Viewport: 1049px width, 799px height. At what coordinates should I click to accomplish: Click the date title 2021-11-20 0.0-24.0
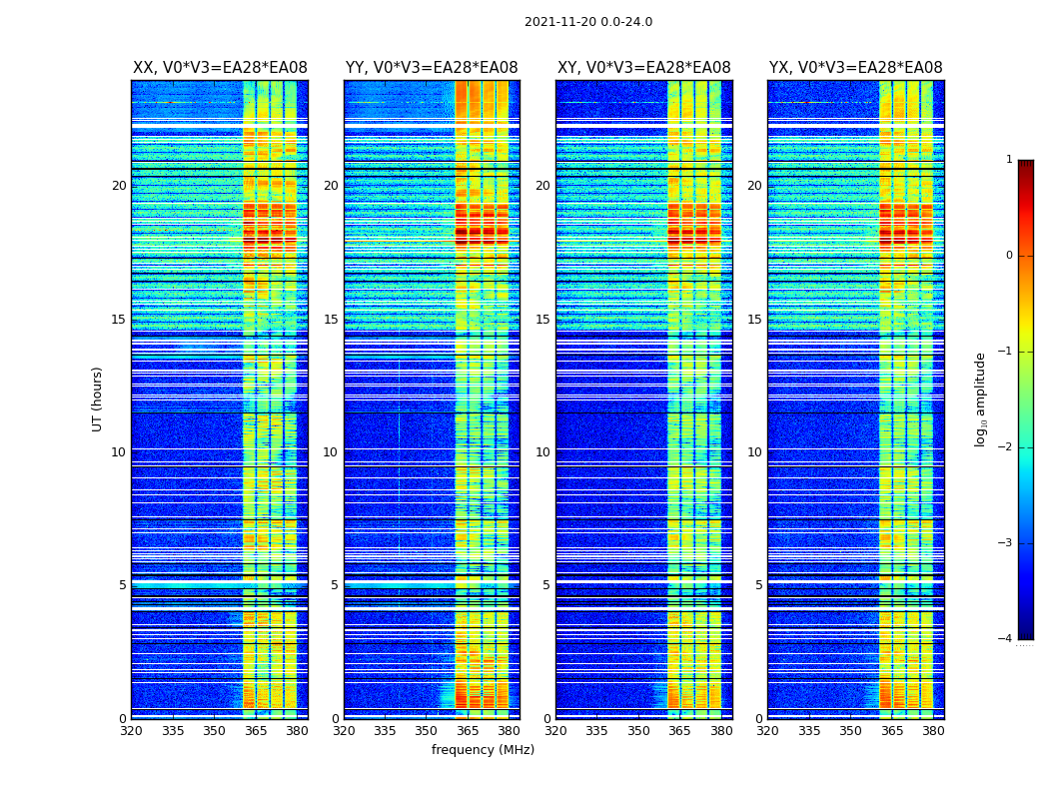point(588,22)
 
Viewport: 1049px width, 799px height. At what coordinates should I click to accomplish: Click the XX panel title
point(220,68)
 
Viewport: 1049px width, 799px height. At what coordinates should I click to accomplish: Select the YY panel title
point(432,68)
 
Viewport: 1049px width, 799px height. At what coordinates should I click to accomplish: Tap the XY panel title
point(643,68)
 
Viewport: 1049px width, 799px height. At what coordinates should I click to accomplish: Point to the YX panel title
point(855,68)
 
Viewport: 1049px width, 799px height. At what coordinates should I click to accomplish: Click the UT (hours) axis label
point(98,399)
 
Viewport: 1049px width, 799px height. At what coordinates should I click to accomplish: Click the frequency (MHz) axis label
point(483,750)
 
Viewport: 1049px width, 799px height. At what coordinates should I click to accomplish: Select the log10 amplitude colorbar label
point(981,399)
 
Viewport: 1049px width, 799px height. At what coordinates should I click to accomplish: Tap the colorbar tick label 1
point(1009,160)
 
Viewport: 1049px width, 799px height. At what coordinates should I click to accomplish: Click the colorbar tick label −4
point(1006,639)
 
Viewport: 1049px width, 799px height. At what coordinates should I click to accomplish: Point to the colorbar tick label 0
point(1009,256)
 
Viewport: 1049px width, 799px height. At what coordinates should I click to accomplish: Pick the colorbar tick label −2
point(1006,447)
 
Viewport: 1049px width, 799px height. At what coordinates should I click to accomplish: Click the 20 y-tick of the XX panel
point(119,186)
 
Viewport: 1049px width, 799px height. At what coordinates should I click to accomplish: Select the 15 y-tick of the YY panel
point(331,320)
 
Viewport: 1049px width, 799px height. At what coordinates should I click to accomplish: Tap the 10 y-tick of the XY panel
point(542,452)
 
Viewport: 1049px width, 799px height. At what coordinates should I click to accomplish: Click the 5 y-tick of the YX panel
point(758,585)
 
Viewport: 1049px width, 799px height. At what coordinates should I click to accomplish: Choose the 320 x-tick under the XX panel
point(131,731)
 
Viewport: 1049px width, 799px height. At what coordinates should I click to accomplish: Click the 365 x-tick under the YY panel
point(468,731)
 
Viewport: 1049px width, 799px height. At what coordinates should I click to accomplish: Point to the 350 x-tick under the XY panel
point(638,731)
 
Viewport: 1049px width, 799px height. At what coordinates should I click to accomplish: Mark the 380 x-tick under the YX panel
point(933,731)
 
